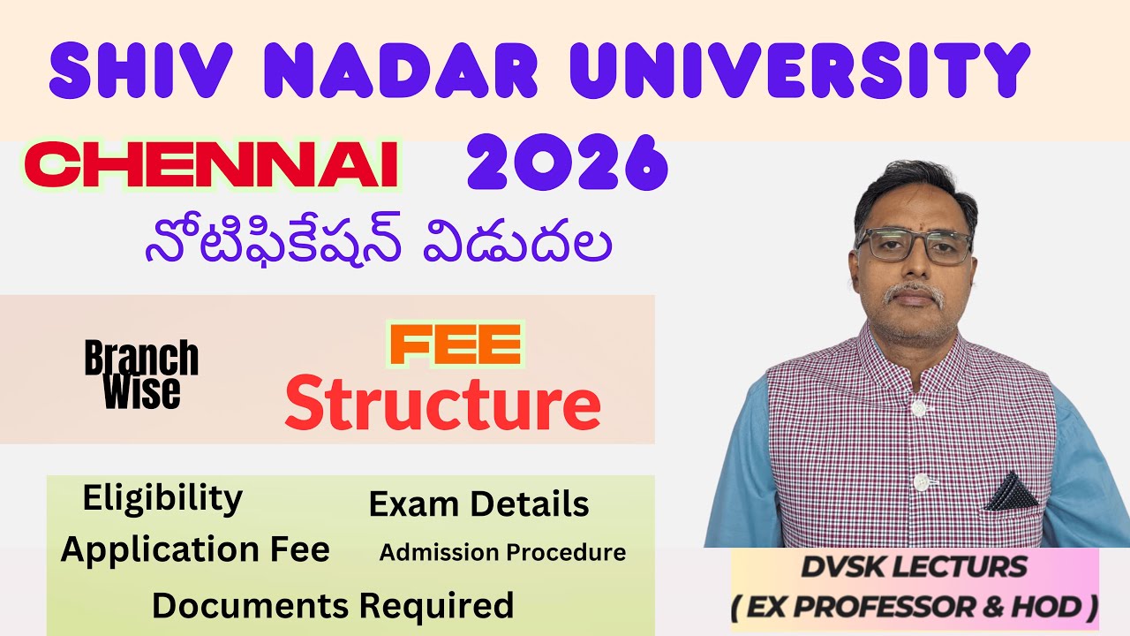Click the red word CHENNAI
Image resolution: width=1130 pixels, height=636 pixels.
(x=212, y=165)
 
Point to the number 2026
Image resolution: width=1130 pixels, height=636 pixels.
(x=567, y=163)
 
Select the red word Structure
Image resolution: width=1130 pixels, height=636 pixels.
(x=442, y=404)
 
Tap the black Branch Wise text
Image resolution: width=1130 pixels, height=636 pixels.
(x=141, y=375)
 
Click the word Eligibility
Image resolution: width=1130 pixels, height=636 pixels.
(x=162, y=499)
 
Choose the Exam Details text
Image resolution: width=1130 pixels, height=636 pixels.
(x=478, y=504)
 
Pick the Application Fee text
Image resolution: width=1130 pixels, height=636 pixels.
(x=195, y=549)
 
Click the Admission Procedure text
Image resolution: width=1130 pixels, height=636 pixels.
(x=502, y=553)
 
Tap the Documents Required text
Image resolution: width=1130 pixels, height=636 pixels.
(x=333, y=606)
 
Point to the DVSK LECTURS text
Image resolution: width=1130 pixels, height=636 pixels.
(x=914, y=567)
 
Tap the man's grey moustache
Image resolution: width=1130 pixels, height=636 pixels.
(x=914, y=293)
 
